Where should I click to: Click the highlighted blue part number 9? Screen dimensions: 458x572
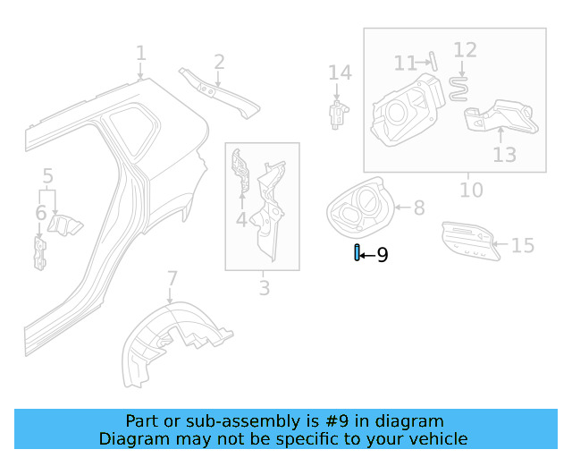click(357, 254)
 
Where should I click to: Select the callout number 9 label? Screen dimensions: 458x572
click(383, 256)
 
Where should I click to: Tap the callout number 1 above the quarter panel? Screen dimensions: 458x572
click(140, 54)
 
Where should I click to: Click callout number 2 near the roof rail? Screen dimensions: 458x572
click(218, 61)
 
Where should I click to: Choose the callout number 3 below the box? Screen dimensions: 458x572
click(264, 288)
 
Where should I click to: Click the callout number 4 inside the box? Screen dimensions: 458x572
click(241, 219)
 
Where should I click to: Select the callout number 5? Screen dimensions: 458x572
click(48, 177)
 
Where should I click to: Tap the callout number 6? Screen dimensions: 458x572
click(40, 213)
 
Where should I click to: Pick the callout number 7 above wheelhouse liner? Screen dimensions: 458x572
click(172, 279)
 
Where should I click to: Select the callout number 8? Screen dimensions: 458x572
click(418, 208)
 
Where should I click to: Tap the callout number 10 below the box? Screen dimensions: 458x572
click(471, 190)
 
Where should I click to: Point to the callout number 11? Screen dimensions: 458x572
click(406, 63)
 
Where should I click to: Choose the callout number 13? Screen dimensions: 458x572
click(504, 155)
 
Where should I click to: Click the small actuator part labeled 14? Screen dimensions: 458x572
click(338, 114)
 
